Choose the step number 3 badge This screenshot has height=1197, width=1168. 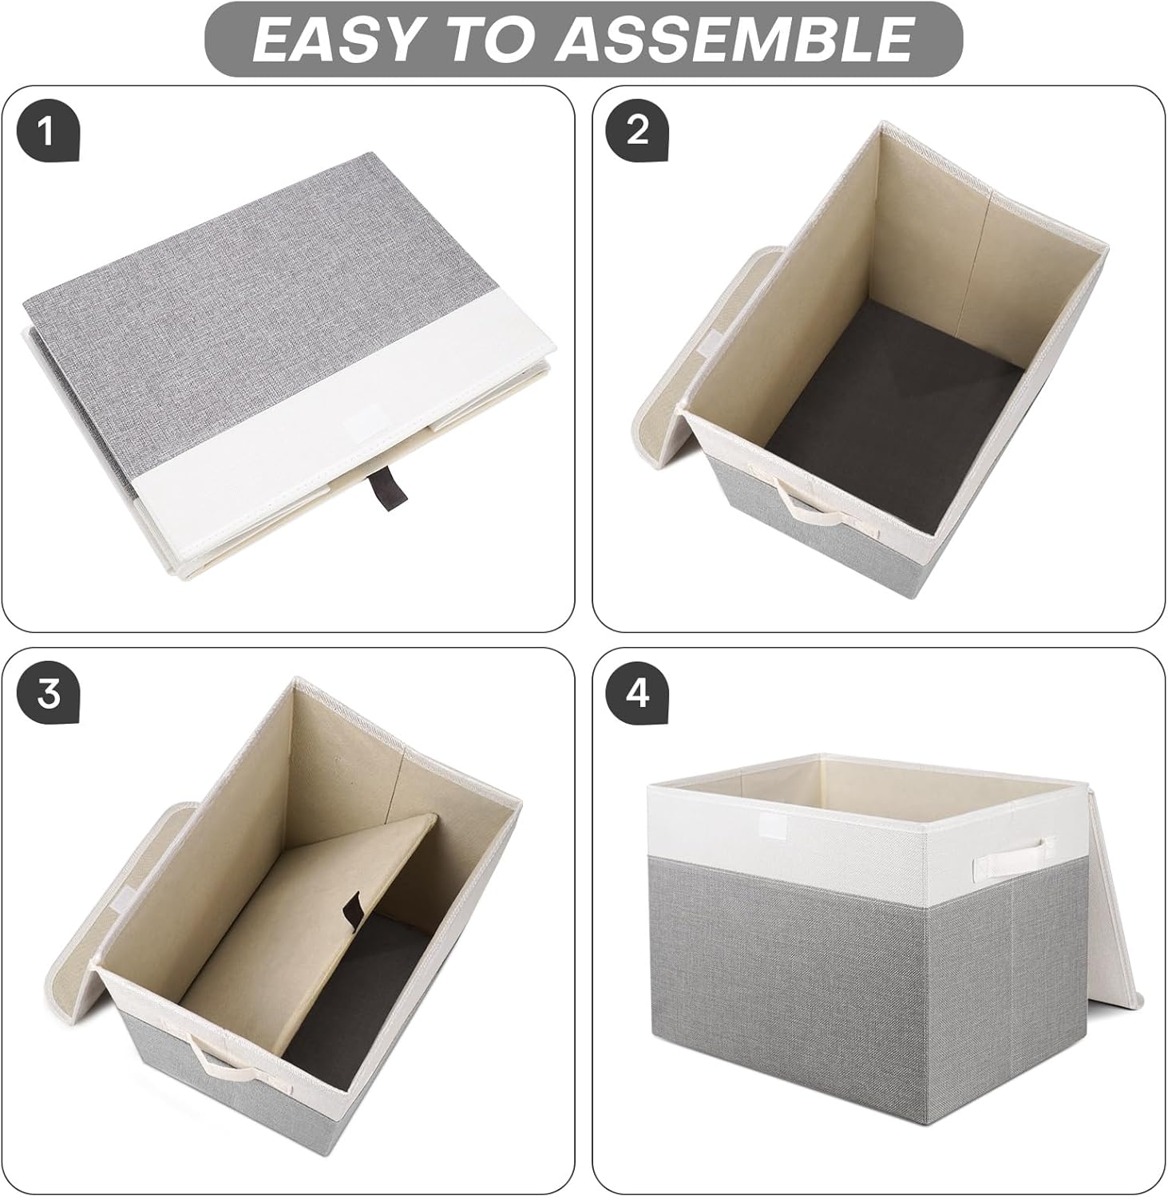pyautogui.click(x=48, y=694)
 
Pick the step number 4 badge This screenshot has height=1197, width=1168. pyautogui.click(x=637, y=694)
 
